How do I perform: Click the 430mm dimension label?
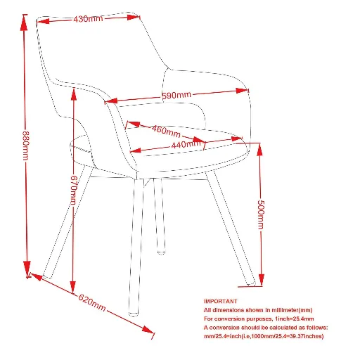88,19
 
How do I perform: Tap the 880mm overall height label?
26,146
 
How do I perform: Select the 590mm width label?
176,96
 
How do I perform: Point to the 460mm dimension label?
166,131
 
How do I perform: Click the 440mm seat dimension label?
186,144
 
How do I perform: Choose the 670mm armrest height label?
74,190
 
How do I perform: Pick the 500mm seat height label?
261,214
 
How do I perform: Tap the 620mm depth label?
91,302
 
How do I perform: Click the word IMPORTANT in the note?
221,301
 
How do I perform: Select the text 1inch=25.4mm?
294,319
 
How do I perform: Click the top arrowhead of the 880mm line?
24,22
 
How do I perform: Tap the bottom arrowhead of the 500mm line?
262,279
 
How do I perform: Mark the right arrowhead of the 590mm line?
242,91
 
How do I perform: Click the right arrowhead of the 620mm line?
148,330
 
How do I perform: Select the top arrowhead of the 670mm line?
74,95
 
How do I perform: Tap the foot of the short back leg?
161,252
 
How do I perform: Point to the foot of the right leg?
251,284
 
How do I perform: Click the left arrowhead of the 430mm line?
43,22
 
